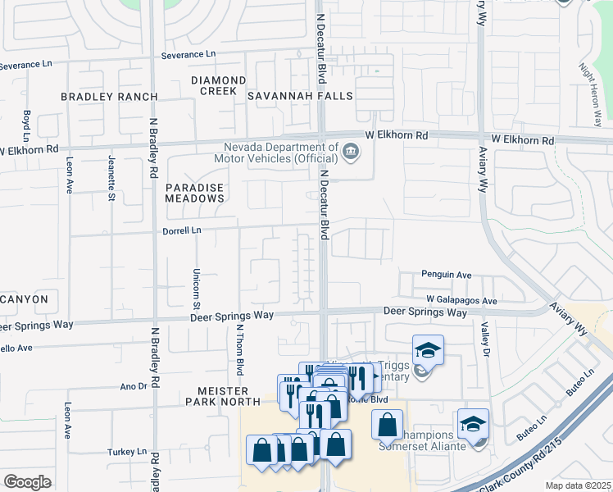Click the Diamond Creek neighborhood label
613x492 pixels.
coord(218,85)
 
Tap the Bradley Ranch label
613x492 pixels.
coord(109,97)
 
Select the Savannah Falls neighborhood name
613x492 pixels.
coord(301,96)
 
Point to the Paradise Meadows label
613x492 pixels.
coord(194,193)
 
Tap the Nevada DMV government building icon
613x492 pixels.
coord(351,150)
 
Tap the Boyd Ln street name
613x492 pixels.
coord(27,125)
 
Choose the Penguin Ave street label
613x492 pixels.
coord(447,275)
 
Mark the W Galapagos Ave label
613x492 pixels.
coord(461,301)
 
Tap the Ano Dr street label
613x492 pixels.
coord(133,385)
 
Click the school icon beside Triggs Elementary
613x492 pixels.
coord(428,351)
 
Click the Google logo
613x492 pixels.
coord(28,482)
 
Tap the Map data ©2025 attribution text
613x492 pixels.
coord(578,485)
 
